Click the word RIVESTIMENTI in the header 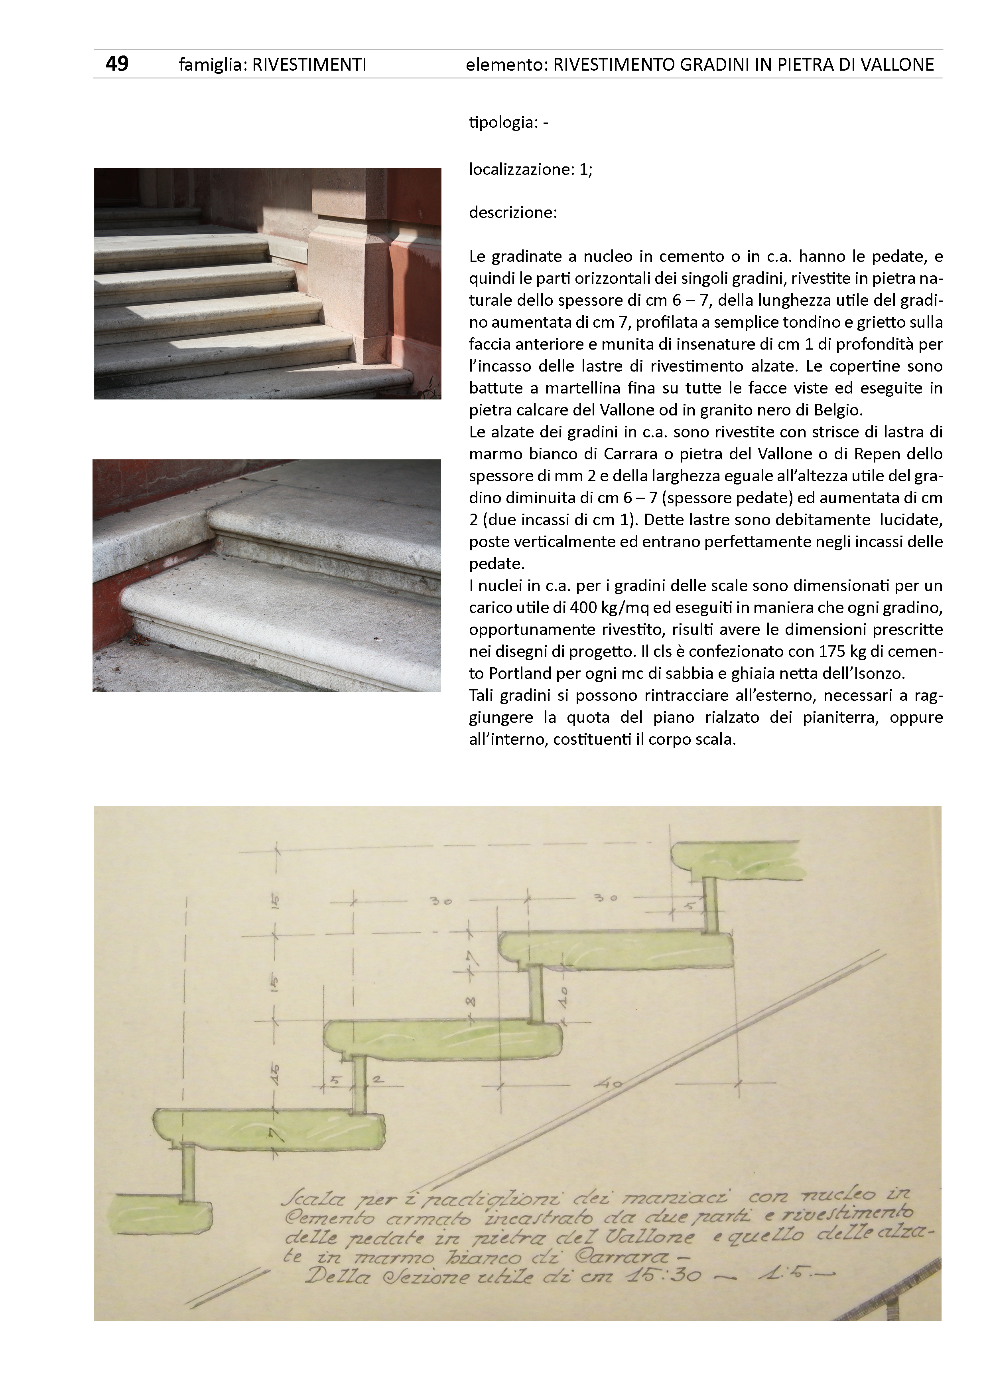tap(309, 65)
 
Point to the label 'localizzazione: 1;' tap(530, 170)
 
